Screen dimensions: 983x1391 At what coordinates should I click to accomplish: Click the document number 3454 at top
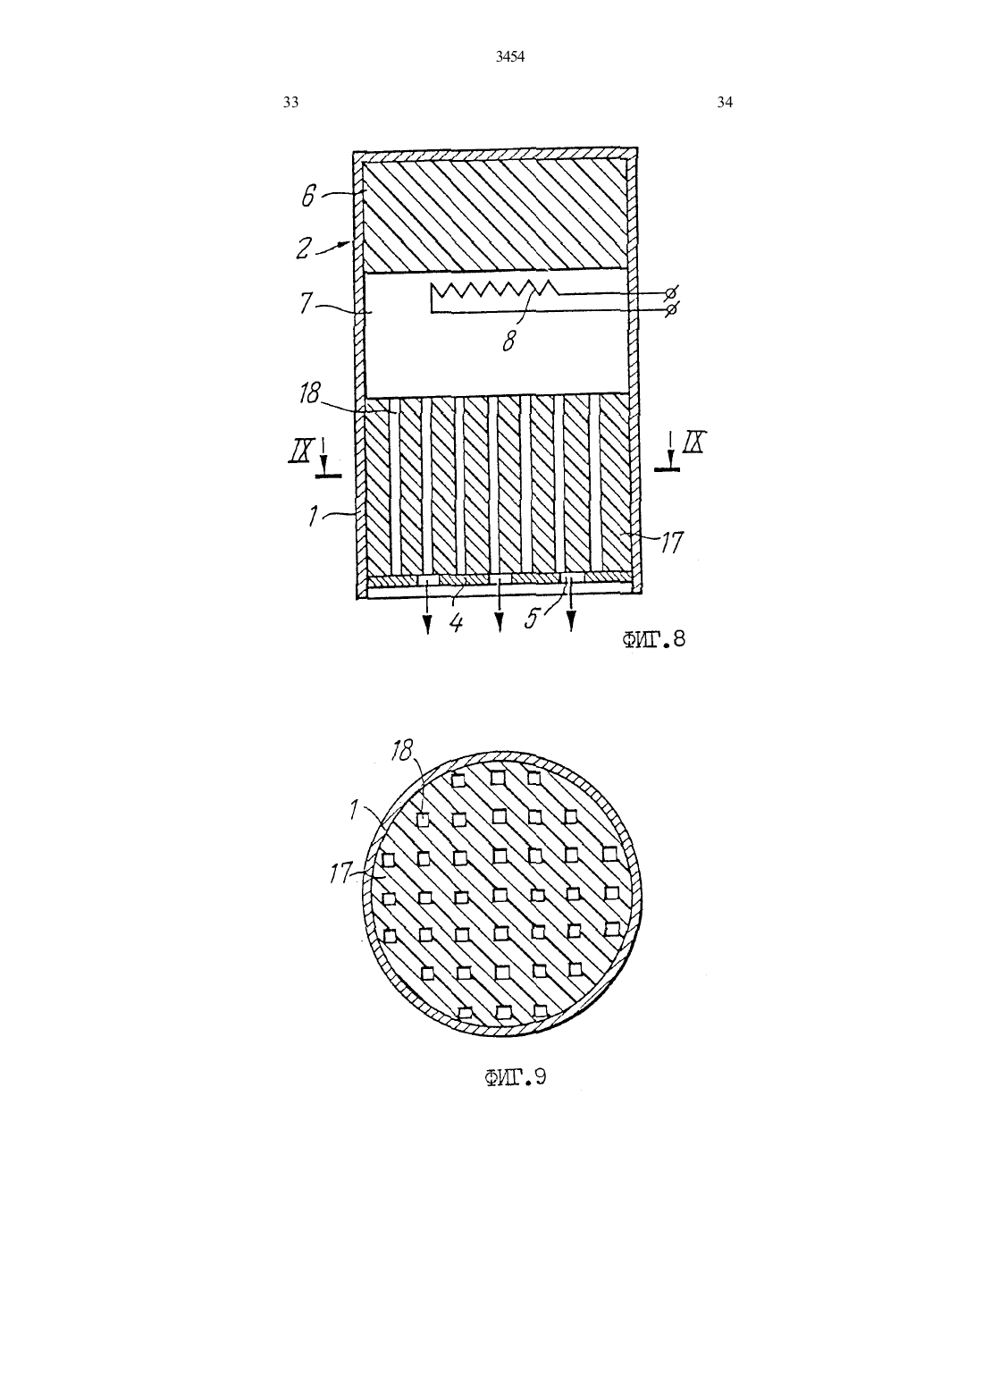click(510, 57)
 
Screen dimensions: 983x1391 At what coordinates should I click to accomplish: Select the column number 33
click(290, 103)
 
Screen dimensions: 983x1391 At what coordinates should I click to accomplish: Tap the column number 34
click(725, 103)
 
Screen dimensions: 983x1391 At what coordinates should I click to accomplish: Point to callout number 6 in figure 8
click(309, 197)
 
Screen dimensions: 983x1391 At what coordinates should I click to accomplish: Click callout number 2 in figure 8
click(303, 249)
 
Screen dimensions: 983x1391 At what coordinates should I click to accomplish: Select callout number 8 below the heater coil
click(508, 341)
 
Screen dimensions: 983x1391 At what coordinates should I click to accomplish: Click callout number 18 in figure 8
click(310, 393)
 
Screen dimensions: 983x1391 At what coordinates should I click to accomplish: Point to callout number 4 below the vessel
click(456, 622)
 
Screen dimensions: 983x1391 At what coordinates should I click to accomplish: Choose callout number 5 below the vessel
click(531, 620)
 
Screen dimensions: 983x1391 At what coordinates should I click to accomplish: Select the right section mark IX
click(693, 443)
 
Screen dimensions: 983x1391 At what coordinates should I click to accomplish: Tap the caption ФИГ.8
click(653, 639)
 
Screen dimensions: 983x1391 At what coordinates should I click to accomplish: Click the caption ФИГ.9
click(515, 1077)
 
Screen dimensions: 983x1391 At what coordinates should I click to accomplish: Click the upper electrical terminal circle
click(670, 292)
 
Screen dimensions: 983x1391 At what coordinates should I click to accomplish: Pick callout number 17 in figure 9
click(340, 873)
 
